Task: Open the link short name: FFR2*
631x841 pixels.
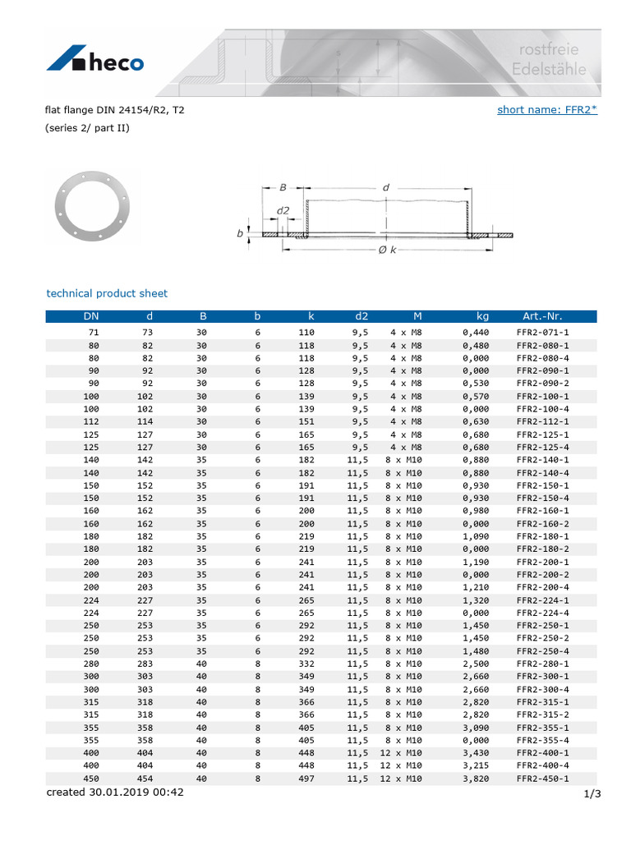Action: [x=546, y=110]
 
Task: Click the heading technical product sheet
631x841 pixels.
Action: [x=107, y=293]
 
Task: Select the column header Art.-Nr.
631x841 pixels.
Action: [x=542, y=316]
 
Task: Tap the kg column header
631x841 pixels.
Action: [x=482, y=316]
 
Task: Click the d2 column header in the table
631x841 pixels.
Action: [x=362, y=316]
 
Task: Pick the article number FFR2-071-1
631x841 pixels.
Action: [x=542, y=332]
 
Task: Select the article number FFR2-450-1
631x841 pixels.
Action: [x=542, y=778]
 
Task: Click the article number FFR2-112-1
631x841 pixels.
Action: [x=542, y=421]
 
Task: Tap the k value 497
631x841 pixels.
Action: [x=306, y=778]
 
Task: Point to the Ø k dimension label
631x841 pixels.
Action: [x=387, y=250]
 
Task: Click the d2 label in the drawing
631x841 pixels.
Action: [x=283, y=210]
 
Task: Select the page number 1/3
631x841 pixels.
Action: [x=592, y=793]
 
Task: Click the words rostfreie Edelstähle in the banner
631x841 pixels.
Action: [x=549, y=60]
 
